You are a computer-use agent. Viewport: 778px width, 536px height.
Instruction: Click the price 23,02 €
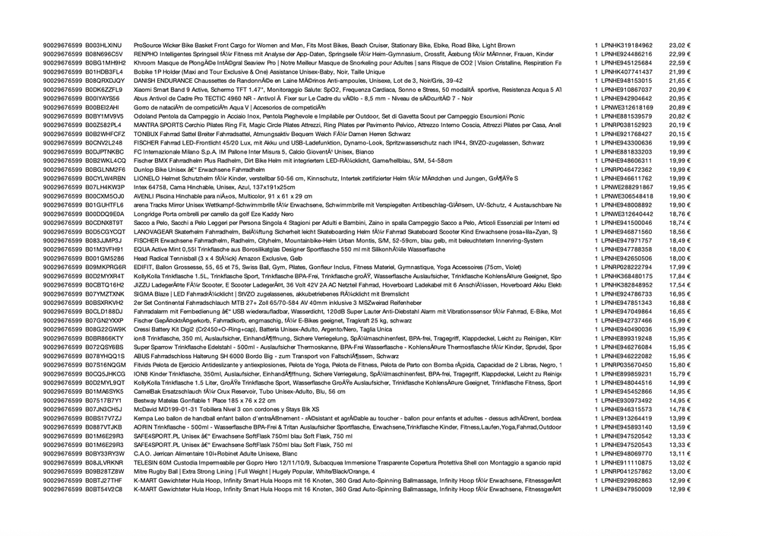(x=679, y=46)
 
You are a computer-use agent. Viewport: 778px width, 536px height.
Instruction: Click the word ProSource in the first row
(x=147, y=46)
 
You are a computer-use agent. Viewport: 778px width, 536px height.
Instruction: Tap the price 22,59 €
(x=679, y=63)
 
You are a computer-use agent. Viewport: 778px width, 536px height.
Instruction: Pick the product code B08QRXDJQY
(x=105, y=81)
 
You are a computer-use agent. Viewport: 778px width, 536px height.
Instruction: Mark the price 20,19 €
(x=679, y=125)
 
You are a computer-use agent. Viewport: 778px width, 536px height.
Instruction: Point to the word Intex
(x=141, y=186)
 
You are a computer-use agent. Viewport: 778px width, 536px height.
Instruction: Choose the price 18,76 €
(x=679, y=214)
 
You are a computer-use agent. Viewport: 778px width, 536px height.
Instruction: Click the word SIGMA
(x=144, y=293)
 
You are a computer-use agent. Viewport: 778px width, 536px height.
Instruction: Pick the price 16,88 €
(x=679, y=302)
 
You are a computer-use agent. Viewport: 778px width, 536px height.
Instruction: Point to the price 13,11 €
(x=679, y=453)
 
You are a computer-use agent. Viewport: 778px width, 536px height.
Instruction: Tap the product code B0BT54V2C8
(x=104, y=489)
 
